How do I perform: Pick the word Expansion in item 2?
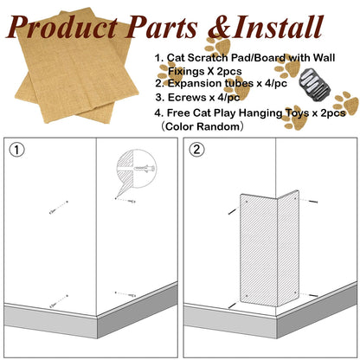coord(196,84)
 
